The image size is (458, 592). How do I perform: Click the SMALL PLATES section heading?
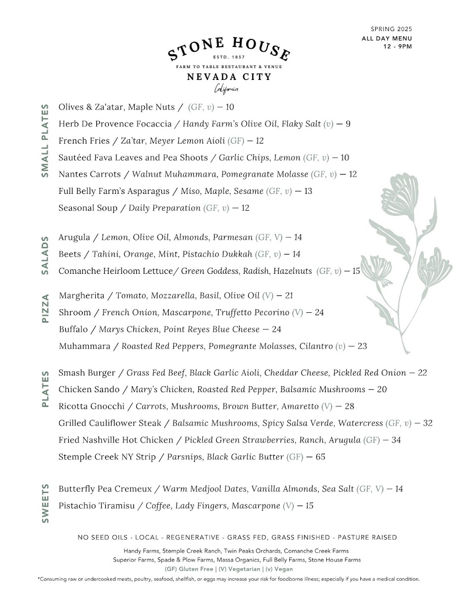45,141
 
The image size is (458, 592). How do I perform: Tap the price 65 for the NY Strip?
320,457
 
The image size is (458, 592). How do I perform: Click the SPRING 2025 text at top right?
391,30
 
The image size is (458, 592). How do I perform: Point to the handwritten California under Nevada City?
227,89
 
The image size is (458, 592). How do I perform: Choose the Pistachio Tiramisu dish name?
96,506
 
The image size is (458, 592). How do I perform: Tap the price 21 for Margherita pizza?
289,296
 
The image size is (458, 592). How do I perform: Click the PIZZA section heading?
45,308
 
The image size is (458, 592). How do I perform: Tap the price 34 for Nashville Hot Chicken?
396,440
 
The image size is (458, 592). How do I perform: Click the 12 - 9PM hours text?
397,47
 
